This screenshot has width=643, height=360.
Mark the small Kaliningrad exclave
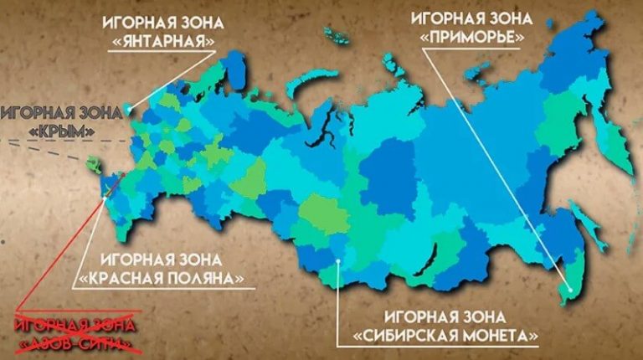(x=127, y=107)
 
